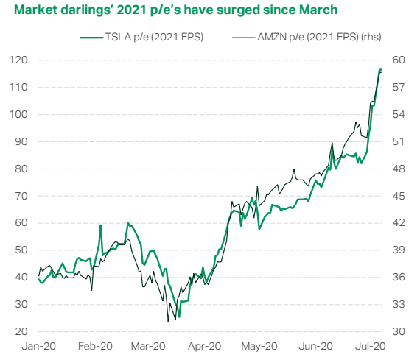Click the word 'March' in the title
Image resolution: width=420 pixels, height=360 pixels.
pyautogui.click(x=318, y=10)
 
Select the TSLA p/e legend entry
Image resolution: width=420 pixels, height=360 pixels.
pyautogui.click(x=141, y=37)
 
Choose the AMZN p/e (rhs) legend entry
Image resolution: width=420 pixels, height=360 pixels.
pyautogui.click(x=307, y=37)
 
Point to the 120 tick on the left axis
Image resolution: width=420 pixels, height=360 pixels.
pyautogui.click(x=18, y=60)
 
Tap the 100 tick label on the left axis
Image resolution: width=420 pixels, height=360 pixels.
pyautogui.click(x=18, y=114)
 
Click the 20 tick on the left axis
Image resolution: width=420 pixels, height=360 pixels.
pyautogui.click(x=21, y=331)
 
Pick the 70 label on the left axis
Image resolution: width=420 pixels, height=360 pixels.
pyautogui.click(x=21, y=196)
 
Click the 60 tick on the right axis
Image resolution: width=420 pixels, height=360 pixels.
pyautogui.click(x=399, y=60)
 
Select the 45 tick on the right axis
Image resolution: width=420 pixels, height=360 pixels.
pyautogui.click(x=399, y=196)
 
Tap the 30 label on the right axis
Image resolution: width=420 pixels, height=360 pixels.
pyautogui.click(x=399, y=331)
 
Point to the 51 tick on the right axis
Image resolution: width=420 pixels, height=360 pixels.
pyautogui.click(x=399, y=141)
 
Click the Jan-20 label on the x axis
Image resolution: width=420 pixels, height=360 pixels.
pyautogui.click(x=39, y=346)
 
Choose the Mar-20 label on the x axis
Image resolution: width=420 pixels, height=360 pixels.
pyautogui.click(x=148, y=346)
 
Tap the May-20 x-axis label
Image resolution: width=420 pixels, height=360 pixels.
pyautogui.click(x=259, y=346)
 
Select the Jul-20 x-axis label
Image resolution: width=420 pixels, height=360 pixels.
pyautogui.click(x=370, y=346)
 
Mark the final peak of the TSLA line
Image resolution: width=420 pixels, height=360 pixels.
pyautogui.click(x=380, y=70)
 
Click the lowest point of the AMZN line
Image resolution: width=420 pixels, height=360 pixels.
pyautogui.click(x=168, y=321)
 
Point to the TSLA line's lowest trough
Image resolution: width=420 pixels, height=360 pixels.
pyautogui.click(x=179, y=317)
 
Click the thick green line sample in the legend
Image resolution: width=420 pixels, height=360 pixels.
pyautogui.click(x=91, y=38)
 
